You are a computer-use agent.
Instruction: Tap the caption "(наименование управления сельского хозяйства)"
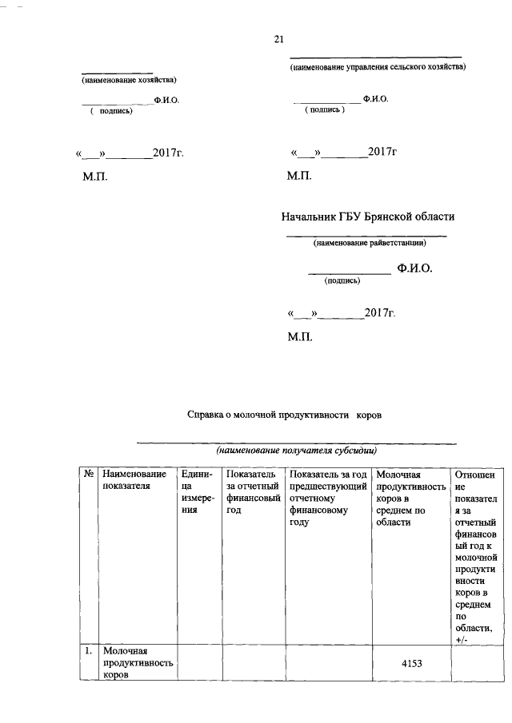coord(377,68)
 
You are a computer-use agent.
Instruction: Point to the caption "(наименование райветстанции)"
coord(369,244)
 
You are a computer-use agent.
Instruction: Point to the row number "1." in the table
coord(89,652)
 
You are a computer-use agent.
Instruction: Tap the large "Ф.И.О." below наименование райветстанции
coord(414,269)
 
